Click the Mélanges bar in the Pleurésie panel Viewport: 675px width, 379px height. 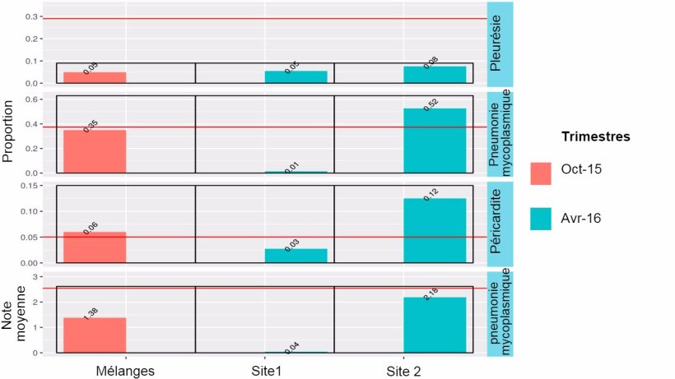pyautogui.click(x=95, y=77)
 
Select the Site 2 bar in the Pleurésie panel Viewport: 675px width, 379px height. pyautogui.click(x=435, y=75)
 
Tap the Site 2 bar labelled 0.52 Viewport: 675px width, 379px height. pyautogui.click(x=435, y=141)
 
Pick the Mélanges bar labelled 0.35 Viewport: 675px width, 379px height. pyautogui.click(x=95, y=151)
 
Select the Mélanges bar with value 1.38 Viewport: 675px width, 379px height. pyautogui.click(x=95, y=335)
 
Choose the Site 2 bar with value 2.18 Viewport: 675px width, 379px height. pyautogui.click(x=435, y=325)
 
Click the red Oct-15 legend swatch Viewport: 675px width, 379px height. pyautogui.click(x=541, y=172)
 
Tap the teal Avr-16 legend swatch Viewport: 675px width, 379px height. pyautogui.click(x=541, y=218)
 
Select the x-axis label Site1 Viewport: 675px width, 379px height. pyautogui.click(x=265, y=371)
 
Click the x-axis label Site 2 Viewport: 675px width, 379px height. pyautogui.click(x=403, y=371)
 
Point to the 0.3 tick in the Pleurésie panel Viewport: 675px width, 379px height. pyautogui.click(x=31, y=17)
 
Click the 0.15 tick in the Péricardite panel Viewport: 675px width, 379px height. pyautogui.click(x=29, y=186)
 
